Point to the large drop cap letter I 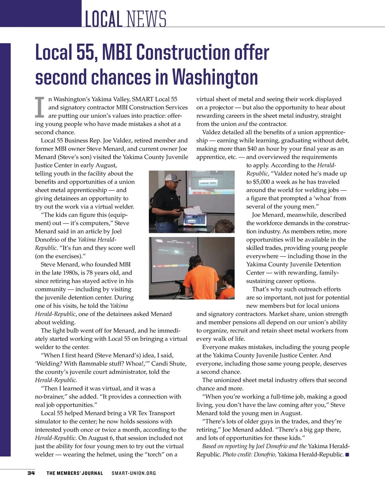(39, 108)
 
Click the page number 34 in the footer (31, 473)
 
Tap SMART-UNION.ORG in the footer (133, 473)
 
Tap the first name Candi (159, 364)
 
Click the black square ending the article (347, 455)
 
